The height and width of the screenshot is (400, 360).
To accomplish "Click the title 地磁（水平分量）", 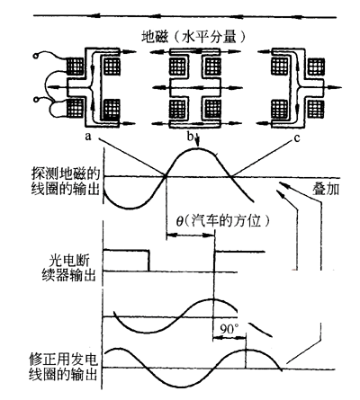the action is pos(194,37).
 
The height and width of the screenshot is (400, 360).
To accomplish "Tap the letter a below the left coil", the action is pos(87,137).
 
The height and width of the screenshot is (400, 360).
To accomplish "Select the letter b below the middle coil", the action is pos(190,137).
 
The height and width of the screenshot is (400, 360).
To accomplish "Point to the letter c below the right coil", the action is pos(297,138).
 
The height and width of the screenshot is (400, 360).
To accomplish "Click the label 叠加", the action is pos(326,189).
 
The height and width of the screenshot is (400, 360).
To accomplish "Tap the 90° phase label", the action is pos(229,329).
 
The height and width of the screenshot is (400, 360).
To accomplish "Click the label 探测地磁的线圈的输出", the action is pos(66,182).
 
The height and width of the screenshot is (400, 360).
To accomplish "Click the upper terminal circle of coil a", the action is pos(36,56).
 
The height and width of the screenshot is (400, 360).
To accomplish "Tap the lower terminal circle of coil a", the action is pos(36,99).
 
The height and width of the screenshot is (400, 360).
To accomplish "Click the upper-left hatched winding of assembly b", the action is pos(177,67).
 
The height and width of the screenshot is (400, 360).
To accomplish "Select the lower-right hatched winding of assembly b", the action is pos(213,109).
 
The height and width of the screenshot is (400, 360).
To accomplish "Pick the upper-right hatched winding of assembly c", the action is pos(316,67).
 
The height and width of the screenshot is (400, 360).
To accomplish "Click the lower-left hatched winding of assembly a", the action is pos(75,109).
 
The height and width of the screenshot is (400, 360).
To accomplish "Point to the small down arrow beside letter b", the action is pos(197,141).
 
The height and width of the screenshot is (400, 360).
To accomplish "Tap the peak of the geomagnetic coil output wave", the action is pos(196,149).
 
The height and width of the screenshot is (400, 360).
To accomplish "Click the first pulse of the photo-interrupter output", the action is pos(126,261).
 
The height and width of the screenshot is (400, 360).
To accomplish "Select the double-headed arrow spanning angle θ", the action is pos(191,236).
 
